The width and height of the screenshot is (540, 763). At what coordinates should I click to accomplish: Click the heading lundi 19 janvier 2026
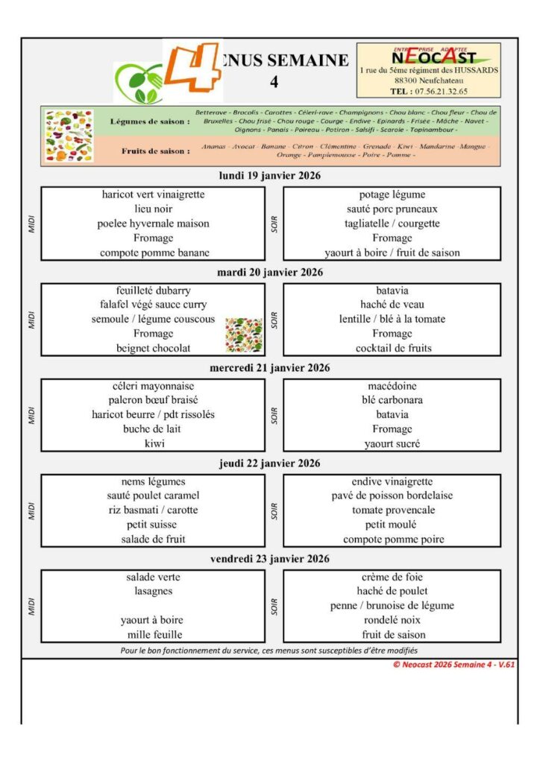(270, 177)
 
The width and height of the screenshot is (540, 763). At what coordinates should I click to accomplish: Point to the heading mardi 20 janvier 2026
(270, 273)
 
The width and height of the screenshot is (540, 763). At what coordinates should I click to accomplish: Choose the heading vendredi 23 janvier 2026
(270, 559)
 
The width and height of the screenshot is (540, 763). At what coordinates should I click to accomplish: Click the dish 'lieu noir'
(154, 209)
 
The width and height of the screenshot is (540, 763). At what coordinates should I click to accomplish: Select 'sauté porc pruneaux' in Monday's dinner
(392, 209)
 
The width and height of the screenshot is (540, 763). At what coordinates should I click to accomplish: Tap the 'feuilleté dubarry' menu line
(154, 290)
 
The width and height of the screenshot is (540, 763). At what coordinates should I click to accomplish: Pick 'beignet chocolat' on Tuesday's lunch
(154, 348)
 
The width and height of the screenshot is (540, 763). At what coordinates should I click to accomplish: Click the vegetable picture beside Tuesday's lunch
(244, 335)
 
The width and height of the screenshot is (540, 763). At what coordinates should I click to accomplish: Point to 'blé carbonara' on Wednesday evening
(392, 400)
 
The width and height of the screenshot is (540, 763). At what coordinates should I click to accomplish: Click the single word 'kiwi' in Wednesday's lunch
(154, 443)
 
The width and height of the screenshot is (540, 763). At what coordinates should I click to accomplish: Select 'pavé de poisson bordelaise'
(392, 496)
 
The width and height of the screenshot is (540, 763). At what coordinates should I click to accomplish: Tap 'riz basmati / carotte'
(154, 510)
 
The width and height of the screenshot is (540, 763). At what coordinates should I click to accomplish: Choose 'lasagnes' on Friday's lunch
(154, 591)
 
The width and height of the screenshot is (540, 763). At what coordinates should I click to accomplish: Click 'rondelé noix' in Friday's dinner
(392, 620)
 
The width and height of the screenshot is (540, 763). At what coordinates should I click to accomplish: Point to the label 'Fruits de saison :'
(155, 151)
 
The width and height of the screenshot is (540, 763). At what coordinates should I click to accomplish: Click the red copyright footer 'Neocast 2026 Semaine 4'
(454, 665)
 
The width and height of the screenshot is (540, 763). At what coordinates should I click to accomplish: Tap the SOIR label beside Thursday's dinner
(274, 510)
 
